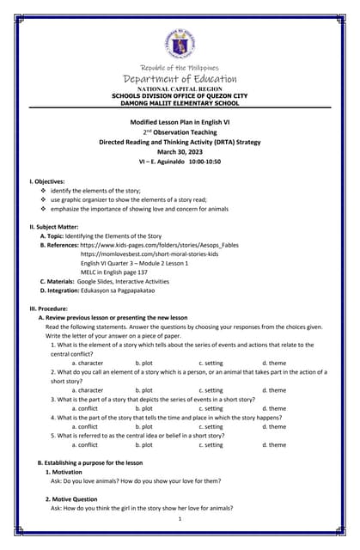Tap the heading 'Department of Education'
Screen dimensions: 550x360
pyautogui.click(x=180, y=79)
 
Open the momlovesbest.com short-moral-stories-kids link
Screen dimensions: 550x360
pyautogui.click(x=149, y=254)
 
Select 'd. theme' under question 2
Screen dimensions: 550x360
pyautogui.click(x=274, y=390)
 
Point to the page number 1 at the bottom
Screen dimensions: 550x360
pyautogui.click(x=180, y=518)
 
